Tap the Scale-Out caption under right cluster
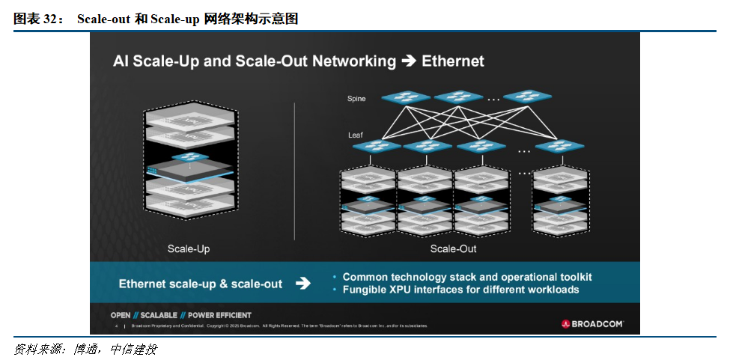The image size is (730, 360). click(453, 248)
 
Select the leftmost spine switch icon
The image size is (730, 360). click(406, 97)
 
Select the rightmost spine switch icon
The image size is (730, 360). click(527, 97)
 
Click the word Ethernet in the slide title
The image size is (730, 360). click(453, 61)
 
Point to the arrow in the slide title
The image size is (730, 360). click(409, 61)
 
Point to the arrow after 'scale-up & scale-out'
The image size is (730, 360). click(302, 284)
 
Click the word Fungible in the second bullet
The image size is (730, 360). click(365, 290)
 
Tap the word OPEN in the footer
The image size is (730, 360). click(121, 315)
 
